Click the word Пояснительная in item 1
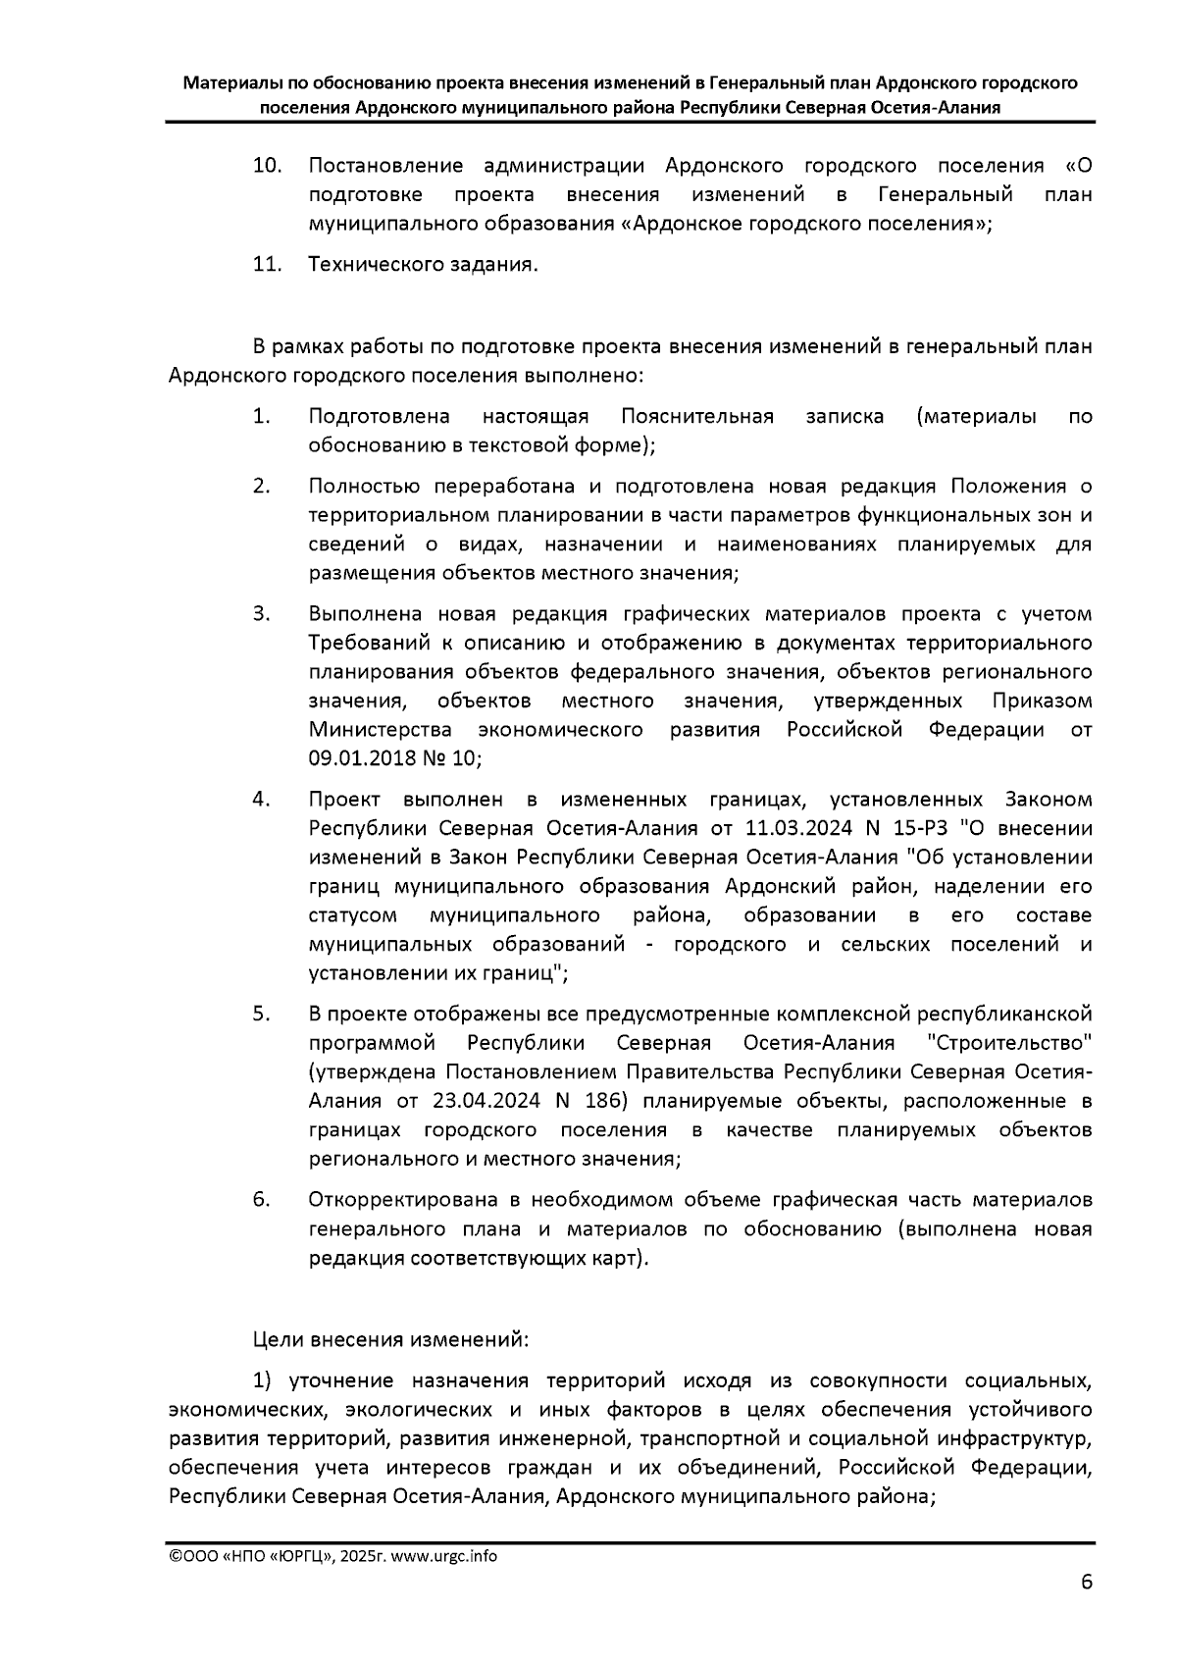pyautogui.click(x=697, y=417)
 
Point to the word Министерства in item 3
pyautogui.click(x=381, y=731)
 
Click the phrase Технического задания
pyautogui.click(x=423, y=265)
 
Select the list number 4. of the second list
pyautogui.click(x=262, y=800)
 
